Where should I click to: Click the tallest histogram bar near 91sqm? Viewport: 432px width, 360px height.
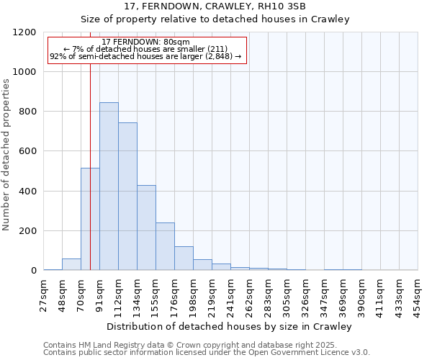pyautogui.click(x=109, y=186)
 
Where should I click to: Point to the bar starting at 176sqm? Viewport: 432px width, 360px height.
pyautogui.click(x=184, y=258)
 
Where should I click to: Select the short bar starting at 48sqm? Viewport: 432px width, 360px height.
pyautogui.click(x=71, y=264)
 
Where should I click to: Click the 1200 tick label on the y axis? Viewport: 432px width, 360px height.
pyautogui.click(x=24, y=32)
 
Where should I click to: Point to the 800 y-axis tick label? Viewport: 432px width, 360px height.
pyautogui.click(x=27, y=112)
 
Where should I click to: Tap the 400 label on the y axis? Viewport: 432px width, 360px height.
pyautogui.click(x=27, y=192)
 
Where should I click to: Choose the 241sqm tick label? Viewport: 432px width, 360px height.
pyautogui.click(x=230, y=293)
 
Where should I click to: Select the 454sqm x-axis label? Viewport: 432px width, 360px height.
pyautogui.click(x=417, y=293)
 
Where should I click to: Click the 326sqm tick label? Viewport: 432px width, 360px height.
pyautogui.click(x=305, y=293)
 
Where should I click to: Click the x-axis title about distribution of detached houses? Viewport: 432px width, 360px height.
pyautogui.click(x=230, y=326)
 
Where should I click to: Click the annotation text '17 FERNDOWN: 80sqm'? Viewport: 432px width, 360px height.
pyautogui.click(x=146, y=42)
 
